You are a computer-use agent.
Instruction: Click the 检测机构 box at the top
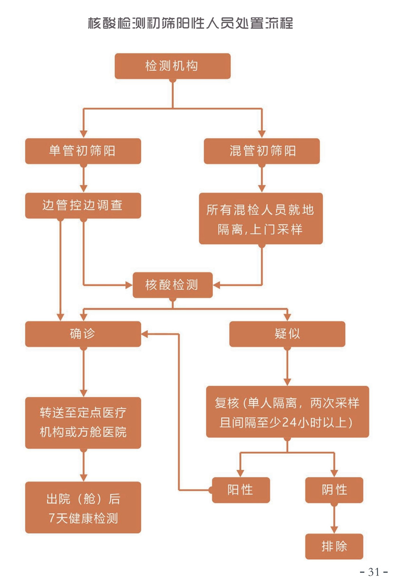[172, 66]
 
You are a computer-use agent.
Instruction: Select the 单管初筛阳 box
[83, 151]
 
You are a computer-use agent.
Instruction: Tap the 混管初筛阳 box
[262, 151]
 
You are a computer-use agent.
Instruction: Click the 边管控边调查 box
[83, 205]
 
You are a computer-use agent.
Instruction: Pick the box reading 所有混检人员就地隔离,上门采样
[261, 219]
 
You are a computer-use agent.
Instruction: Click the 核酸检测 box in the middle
[172, 285]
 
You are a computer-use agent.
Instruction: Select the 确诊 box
[83, 334]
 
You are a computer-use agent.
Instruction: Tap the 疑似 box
[287, 334]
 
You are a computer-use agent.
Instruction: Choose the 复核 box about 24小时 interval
[287, 412]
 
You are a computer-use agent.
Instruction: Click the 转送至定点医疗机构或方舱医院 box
[83, 422]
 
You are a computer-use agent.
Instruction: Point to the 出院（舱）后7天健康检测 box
[83, 507]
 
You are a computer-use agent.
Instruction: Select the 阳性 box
[241, 490]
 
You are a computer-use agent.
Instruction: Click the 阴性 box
[334, 490]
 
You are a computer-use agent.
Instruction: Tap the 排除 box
[334, 546]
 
